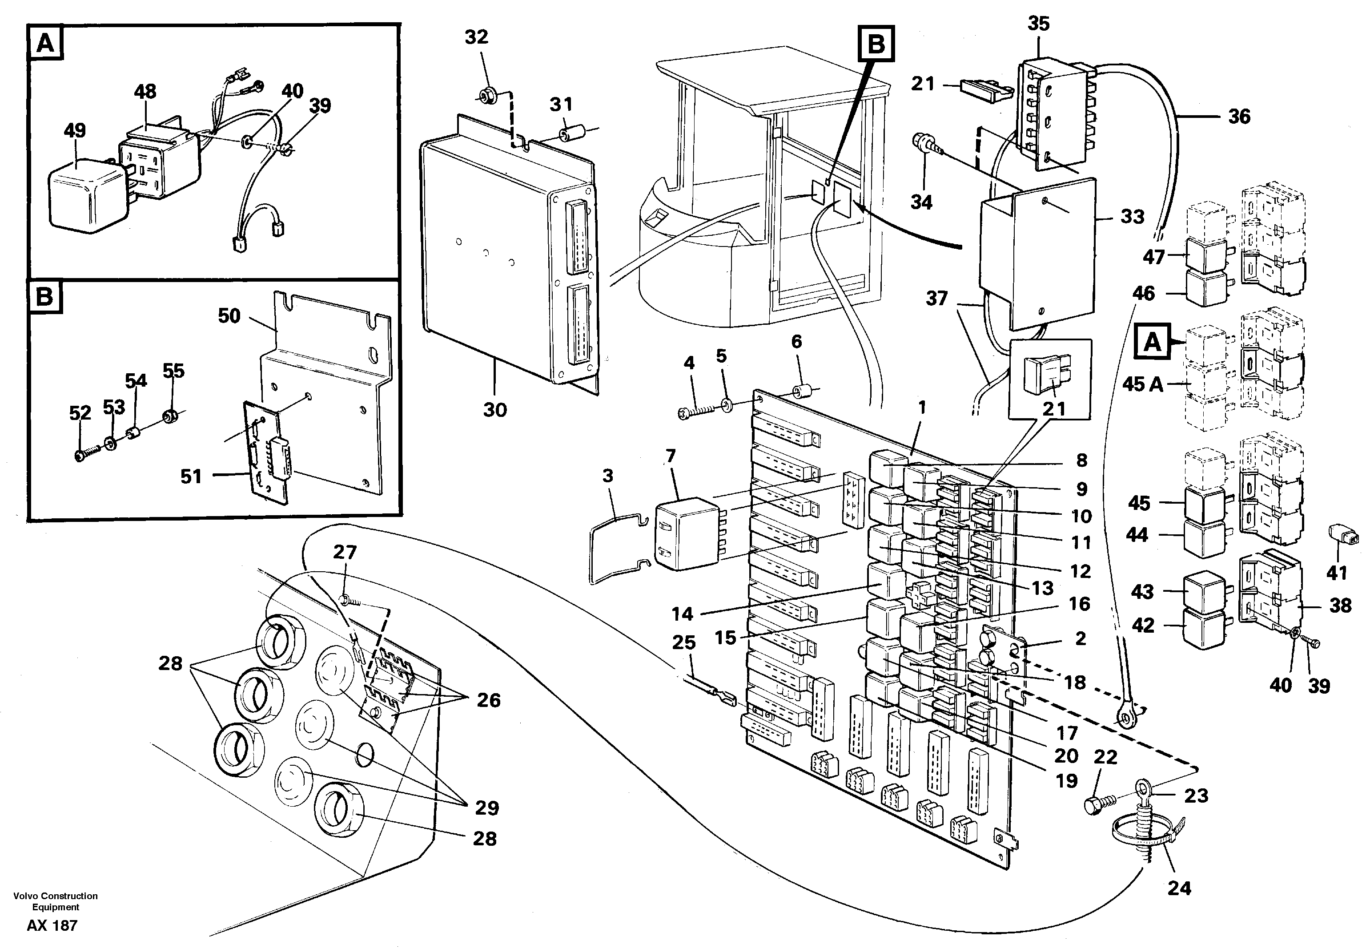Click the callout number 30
494,410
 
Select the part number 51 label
191,477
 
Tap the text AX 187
52,926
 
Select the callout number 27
345,553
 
